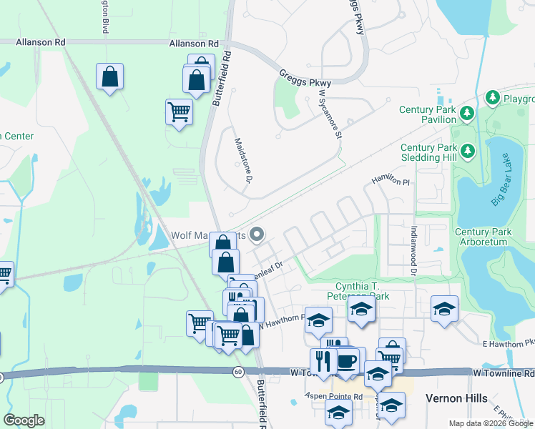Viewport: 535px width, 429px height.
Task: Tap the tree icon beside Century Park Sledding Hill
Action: pyautogui.click(x=467, y=150)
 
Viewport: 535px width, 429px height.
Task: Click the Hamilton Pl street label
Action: pyautogui.click(x=390, y=182)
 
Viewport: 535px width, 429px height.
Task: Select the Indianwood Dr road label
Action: pyautogui.click(x=413, y=251)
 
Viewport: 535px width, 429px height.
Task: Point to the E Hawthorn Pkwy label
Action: pyautogui.click(x=508, y=344)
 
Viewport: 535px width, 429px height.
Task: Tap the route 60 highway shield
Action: pyautogui.click(x=238, y=371)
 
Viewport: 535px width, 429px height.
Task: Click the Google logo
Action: pyautogui.click(x=24, y=420)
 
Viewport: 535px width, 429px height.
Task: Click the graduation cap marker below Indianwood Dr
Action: pyautogui.click(x=444, y=309)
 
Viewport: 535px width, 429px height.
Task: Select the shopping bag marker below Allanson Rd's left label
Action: pyautogui.click(x=109, y=77)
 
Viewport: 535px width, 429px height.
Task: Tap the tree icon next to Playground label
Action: pyautogui.click(x=492, y=97)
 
